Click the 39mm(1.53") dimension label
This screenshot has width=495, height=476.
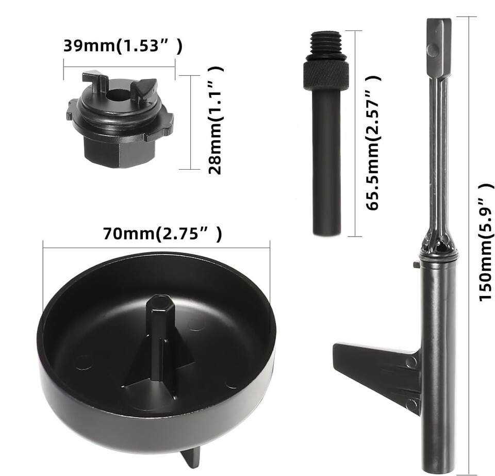pyautogui.click(x=123, y=46)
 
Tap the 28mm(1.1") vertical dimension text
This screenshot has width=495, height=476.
pyautogui.click(x=216, y=120)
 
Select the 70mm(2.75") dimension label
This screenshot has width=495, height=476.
pyautogui.click(x=162, y=234)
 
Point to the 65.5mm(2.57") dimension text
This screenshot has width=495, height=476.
pyautogui.click(x=373, y=143)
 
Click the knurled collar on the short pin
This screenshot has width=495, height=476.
pyautogui.click(x=326, y=75)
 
